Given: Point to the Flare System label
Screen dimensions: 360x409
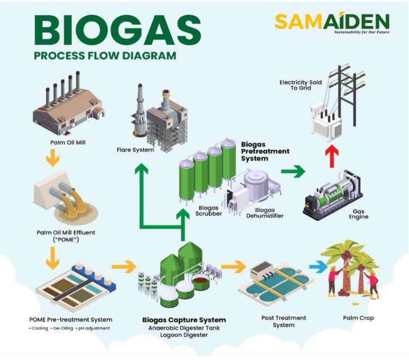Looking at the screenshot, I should (x=135, y=150).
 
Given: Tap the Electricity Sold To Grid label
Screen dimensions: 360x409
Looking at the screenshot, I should (x=300, y=85).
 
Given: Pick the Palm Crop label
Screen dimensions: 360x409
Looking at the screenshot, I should (x=358, y=318).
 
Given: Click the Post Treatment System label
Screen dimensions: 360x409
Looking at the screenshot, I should (x=284, y=321).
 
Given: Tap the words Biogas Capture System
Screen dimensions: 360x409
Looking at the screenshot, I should (x=184, y=320).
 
